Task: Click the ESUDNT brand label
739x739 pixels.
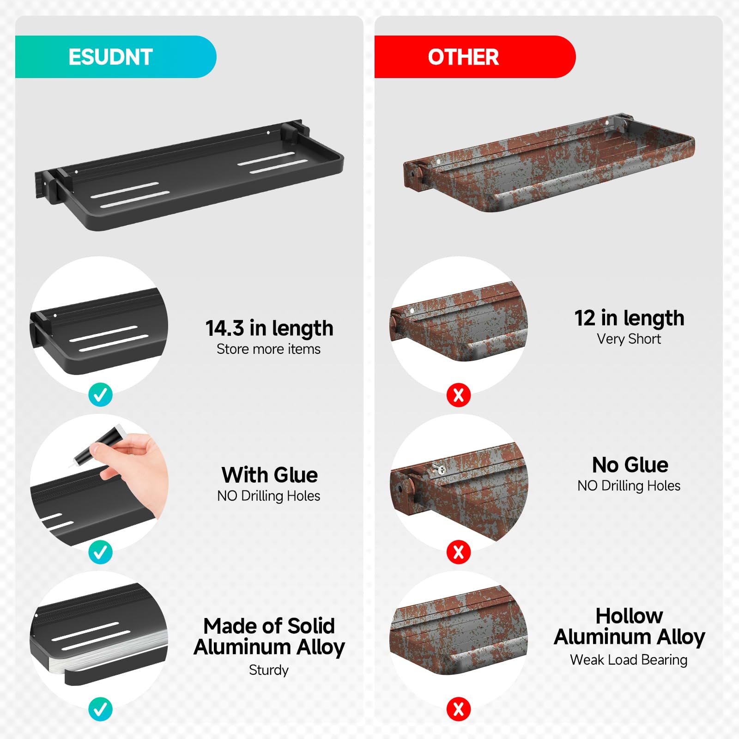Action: click(x=110, y=57)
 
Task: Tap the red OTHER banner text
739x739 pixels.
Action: click(x=463, y=57)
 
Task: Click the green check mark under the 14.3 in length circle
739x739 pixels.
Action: click(x=100, y=394)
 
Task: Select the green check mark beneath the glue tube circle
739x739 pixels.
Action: click(x=100, y=551)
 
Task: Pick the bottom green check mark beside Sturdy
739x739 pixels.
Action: click(x=100, y=709)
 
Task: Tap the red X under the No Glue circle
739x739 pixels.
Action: click(x=459, y=551)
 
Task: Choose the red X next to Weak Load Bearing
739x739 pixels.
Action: click(x=459, y=709)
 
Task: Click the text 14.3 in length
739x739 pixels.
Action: click(x=269, y=328)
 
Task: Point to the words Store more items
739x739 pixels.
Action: click(x=268, y=349)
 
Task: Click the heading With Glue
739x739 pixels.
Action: click(x=269, y=475)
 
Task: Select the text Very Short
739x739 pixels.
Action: click(x=629, y=339)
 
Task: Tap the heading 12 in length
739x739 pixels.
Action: click(x=629, y=318)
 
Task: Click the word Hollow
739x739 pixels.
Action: click(x=629, y=616)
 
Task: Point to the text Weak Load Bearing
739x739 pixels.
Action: click(x=629, y=660)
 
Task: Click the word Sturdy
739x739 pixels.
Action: click(x=268, y=670)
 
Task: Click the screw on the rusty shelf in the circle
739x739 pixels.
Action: click(x=439, y=469)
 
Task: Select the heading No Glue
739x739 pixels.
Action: click(x=630, y=465)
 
